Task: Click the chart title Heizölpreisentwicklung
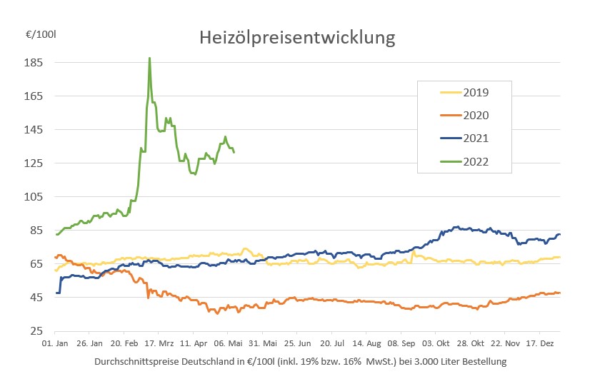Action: pyautogui.click(x=297, y=37)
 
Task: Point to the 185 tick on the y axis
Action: pyautogui.click(x=35, y=63)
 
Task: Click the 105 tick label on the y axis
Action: pyautogui.click(x=35, y=197)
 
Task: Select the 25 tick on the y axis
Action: pyautogui.click(x=38, y=331)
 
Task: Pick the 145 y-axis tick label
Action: pyautogui.click(x=35, y=130)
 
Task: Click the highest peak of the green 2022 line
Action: pyautogui.click(x=149, y=59)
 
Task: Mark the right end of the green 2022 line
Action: pyautogui.click(x=234, y=151)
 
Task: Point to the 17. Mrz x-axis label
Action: pyautogui.click(x=159, y=343)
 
